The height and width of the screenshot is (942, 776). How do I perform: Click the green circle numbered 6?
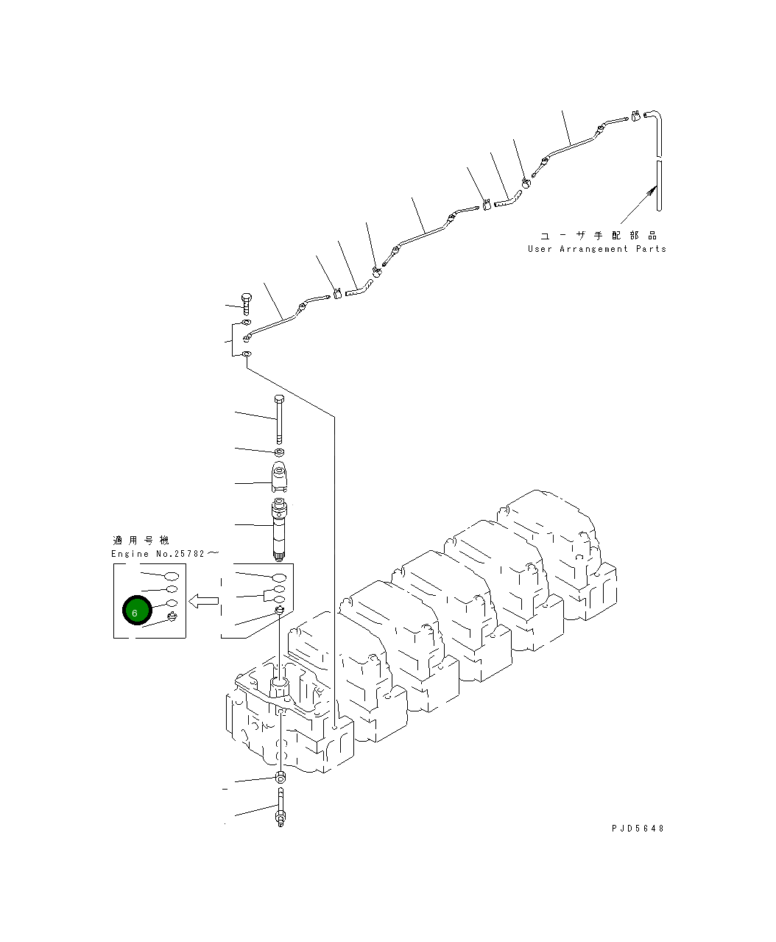[x=135, y=610]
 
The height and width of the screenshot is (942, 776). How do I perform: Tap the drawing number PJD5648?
[x=637, y=828]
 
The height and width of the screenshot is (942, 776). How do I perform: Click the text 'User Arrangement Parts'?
[x=596, y=249]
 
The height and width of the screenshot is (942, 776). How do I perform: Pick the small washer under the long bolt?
[x=280, y=451]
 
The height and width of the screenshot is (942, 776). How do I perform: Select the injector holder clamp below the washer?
[x=280, y=477]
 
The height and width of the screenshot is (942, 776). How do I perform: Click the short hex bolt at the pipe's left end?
[x=246, y=302]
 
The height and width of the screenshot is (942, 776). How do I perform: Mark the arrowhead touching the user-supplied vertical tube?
[x=652, y=191]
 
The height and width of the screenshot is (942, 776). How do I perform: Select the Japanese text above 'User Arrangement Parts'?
[x=598, y=236]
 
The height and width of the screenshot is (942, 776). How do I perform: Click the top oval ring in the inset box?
[x=171, y=576]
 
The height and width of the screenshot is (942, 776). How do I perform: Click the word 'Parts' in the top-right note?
[x=651, y=249]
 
